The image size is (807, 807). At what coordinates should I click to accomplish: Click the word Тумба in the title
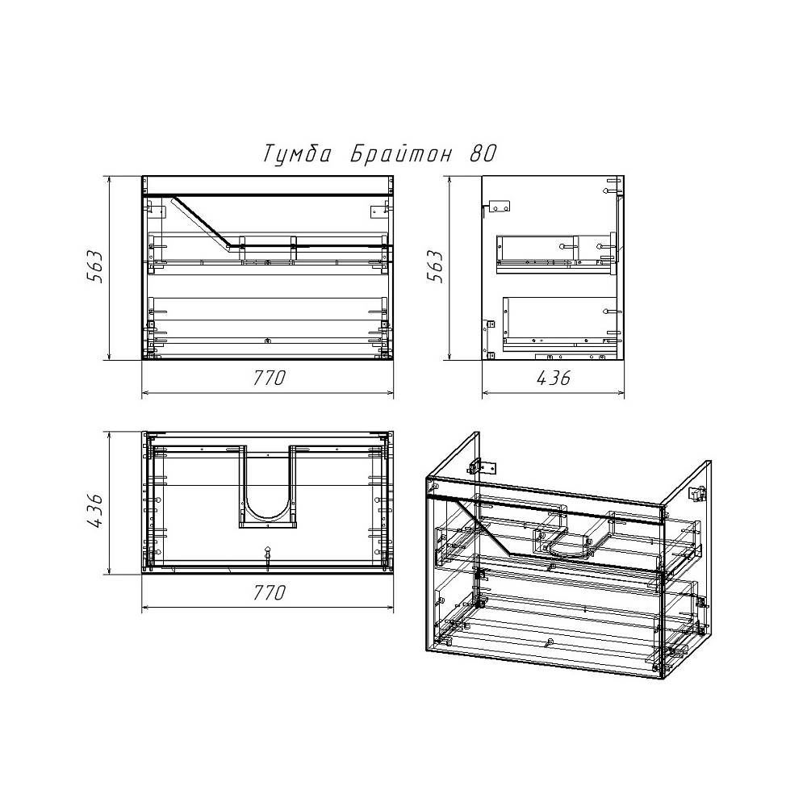coord(296,153)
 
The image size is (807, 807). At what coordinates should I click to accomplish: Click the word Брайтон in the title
coord(402,153)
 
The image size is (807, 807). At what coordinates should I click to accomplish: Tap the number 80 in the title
coord(483,153)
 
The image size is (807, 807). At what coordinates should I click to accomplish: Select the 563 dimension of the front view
coord(96,267)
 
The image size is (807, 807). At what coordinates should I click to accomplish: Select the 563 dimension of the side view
coord(436,266)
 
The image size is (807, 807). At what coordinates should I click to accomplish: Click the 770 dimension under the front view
coord(268,378)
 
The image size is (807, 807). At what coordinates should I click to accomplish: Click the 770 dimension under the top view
coord(268,593)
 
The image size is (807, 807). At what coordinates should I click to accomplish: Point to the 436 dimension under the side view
coord(554,378)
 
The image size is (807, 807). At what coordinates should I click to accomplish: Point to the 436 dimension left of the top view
coord(96,511)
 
